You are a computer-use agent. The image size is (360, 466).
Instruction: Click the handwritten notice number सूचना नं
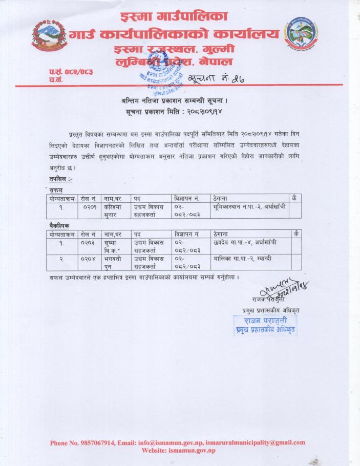click(210, 78)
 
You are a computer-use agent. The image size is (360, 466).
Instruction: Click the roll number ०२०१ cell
click(90, 207)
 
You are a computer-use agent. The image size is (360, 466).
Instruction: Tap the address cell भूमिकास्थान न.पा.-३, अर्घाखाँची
click(245, 207)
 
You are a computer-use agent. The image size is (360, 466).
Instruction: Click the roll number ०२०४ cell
click(90, 259)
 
